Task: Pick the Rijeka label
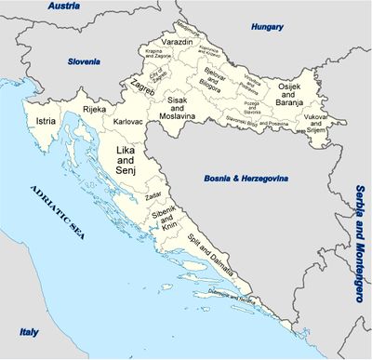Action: [x=95, y=109]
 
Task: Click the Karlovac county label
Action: [x=126, y=121]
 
